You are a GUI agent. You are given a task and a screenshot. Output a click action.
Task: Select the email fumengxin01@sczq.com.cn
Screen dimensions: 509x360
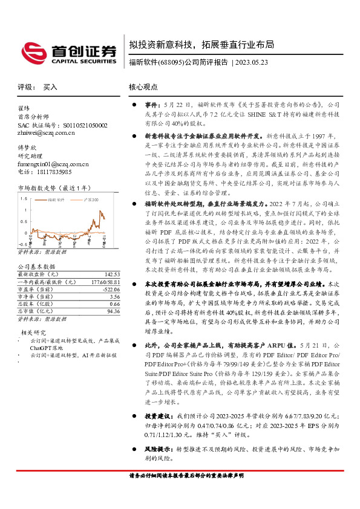53,164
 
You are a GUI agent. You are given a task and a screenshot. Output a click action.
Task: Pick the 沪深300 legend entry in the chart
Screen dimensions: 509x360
91,198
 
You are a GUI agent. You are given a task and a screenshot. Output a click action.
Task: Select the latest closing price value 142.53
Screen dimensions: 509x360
111,274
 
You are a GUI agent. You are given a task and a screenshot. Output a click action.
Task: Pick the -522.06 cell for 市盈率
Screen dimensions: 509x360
110,289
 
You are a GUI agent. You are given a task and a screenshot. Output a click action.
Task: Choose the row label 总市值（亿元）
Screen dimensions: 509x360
38,311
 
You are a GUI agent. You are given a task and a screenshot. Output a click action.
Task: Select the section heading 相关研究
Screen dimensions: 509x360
34,332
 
